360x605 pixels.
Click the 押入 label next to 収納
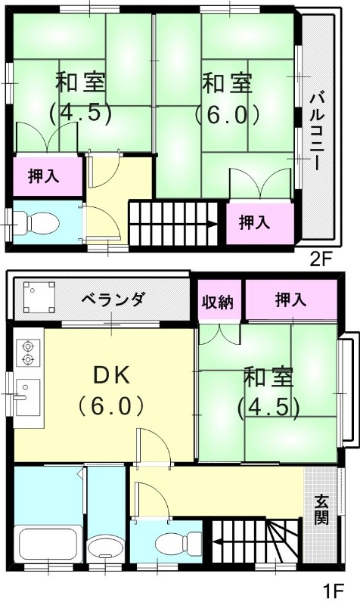[x=290, y=299]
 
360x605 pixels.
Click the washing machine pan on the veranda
[x=39, y=298]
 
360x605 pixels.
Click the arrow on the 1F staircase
[x=219, y=541]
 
